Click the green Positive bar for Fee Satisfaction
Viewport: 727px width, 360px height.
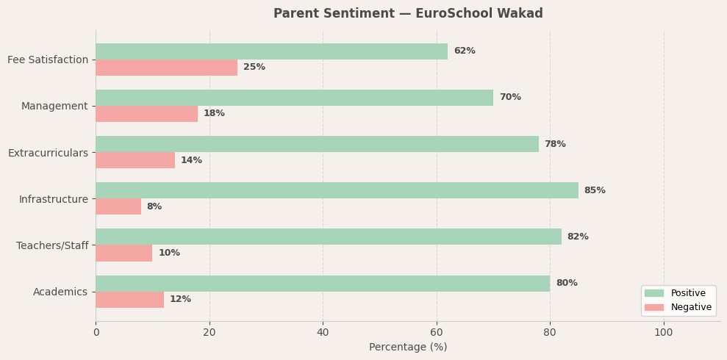click(271, 51)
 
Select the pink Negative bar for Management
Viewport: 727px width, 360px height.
click(146, 114)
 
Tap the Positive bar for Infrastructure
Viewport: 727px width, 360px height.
click(337, 190)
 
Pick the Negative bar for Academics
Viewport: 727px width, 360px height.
click(129, 300)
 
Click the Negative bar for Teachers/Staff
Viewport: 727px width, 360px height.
click(123, 253)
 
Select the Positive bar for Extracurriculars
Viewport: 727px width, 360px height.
click(317, 144)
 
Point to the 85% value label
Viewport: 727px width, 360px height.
click(595, 191)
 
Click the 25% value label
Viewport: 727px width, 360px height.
click(254, 68)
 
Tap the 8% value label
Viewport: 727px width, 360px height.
click(154, 207)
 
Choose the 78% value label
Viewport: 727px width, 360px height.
click(555, 145)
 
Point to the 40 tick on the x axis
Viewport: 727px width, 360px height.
click(323, 333)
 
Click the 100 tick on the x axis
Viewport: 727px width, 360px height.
click(663, 333)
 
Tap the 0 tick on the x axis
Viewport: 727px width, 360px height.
click(96, 333)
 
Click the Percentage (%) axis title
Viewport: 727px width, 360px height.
click(408, 348)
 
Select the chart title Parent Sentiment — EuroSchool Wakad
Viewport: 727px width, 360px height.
click(408, 14)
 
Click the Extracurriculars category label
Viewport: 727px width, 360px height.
click(48, 153)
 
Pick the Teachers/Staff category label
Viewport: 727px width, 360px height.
click(52, 245)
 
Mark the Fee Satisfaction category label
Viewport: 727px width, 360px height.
click(48, 60)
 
